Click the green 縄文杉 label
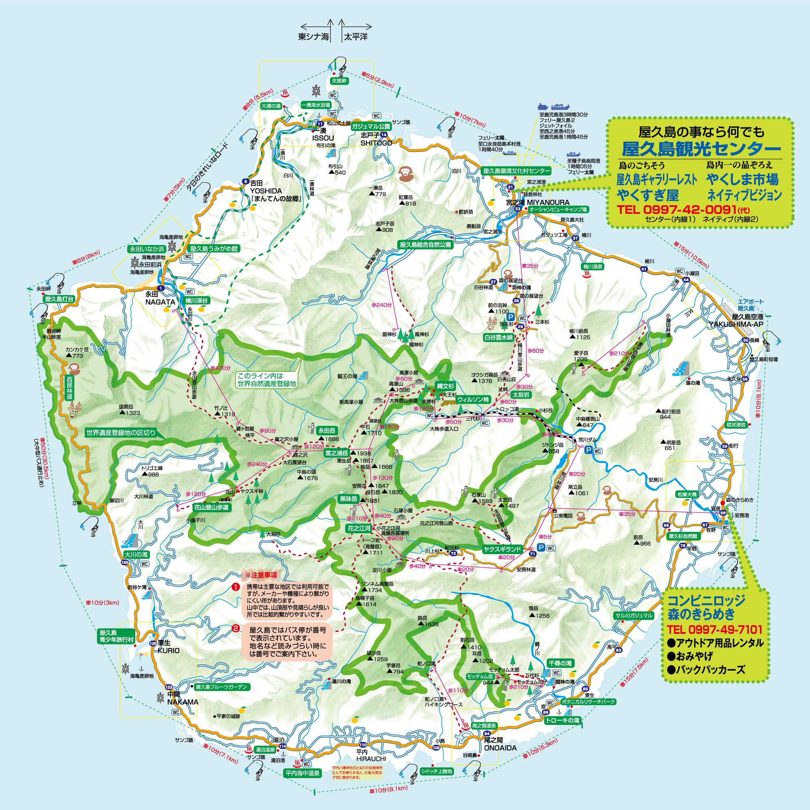coord(445,386)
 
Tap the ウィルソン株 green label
coord(473,400)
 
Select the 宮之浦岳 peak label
coord(337,453)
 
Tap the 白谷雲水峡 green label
coord(499,337)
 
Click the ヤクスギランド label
coord(502,549)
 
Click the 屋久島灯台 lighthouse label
coord(59,299)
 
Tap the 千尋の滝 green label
coord(560,663)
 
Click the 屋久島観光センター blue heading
coord(701,148)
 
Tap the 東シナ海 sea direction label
coord(313,37)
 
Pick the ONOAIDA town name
coord(500,748)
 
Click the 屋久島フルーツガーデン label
coord(222,687)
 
